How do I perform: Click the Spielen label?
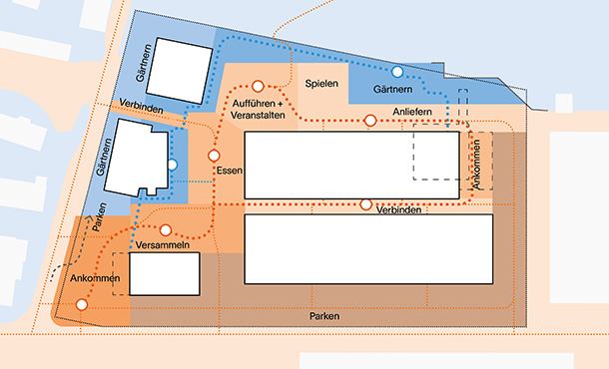[x=321, y=84]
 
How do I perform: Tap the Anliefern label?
[x=412, y=112]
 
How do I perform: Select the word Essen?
[x=230, y=171]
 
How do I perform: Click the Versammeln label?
[x=163, y=244]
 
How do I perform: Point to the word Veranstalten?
[x=258, y=116]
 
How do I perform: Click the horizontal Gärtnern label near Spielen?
[x=392, y=89]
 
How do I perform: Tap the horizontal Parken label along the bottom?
[x=324, y=316]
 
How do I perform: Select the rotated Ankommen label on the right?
[x=476, y=165]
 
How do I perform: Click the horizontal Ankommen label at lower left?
[x=95, y=278]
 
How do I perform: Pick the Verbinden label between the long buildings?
[x=398, y=209]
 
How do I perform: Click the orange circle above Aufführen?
[x=258, y=86]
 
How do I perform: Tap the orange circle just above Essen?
[x=214, y=156]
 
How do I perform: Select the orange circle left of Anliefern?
[x=370, y=121]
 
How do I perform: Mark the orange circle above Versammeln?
[x=166, y=230]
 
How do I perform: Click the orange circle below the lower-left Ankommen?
[x=81, y=304]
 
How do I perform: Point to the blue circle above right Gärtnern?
[x=397, y=72]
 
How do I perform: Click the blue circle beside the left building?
[x=173, y=165]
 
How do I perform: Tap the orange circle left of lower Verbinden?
[x=365, y=204]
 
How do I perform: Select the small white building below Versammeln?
[x=165, y=274]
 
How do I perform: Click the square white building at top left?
[x=179, y=71]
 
